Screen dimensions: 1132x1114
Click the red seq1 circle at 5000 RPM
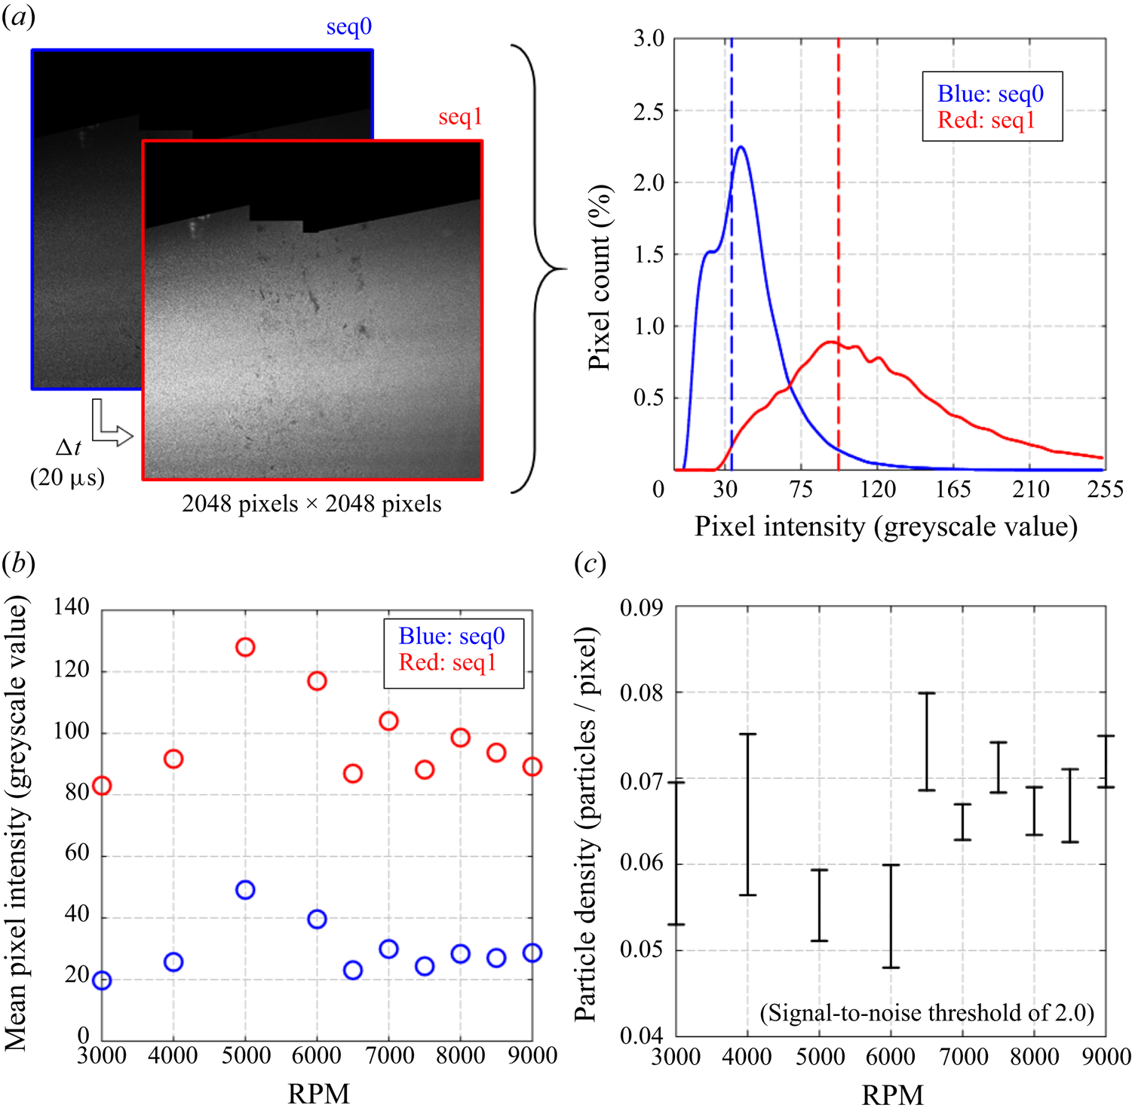click(x=245, y=647)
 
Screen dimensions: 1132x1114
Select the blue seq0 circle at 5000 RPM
click(x=245, y=890)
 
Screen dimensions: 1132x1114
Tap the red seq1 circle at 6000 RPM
click(x=317, y=681)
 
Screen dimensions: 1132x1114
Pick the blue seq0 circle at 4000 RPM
click(x=173, y=962)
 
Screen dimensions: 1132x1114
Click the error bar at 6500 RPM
click(x=927, y=741)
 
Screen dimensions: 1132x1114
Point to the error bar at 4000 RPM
click(x=747, y=815)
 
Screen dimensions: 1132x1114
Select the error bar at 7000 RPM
click(x=962, y=822)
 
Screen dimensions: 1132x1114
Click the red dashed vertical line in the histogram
click(x=838, y=254)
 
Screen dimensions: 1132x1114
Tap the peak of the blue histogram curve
click(x=741, y=147)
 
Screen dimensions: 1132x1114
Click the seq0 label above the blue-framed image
click(x=348, y=27)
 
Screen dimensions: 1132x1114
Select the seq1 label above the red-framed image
click(x=460, y=117)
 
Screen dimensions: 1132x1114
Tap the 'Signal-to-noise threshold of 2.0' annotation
click(x=927, y=1012)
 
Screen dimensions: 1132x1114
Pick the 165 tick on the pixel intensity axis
click(x=953, y=489)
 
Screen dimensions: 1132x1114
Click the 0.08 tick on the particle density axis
click(x=641, y=692)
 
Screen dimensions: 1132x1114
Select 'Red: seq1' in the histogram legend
click(x=986, y=120)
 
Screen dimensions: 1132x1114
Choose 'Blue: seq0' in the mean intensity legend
click(x=452, y=636)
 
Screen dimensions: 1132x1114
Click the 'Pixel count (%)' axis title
click(x=599, y=277)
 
